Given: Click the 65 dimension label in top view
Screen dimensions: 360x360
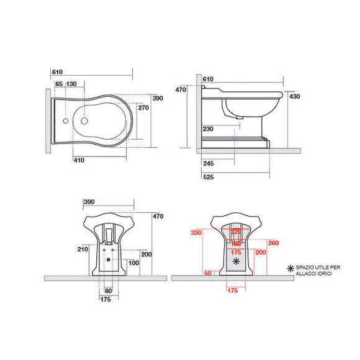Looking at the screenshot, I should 59,84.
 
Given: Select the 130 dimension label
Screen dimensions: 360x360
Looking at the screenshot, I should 71,84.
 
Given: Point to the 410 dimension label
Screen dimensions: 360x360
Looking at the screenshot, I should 79,160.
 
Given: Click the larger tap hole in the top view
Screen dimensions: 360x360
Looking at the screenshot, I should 83,122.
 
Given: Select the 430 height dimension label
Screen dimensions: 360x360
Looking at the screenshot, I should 295,96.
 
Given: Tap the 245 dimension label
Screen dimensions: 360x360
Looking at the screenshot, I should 208,164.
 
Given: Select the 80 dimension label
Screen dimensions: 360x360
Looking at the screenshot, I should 109,290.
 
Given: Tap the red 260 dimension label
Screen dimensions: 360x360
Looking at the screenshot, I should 274,242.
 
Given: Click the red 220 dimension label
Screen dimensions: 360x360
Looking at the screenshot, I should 235,232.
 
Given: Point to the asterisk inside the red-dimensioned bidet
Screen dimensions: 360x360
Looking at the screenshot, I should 235,263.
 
